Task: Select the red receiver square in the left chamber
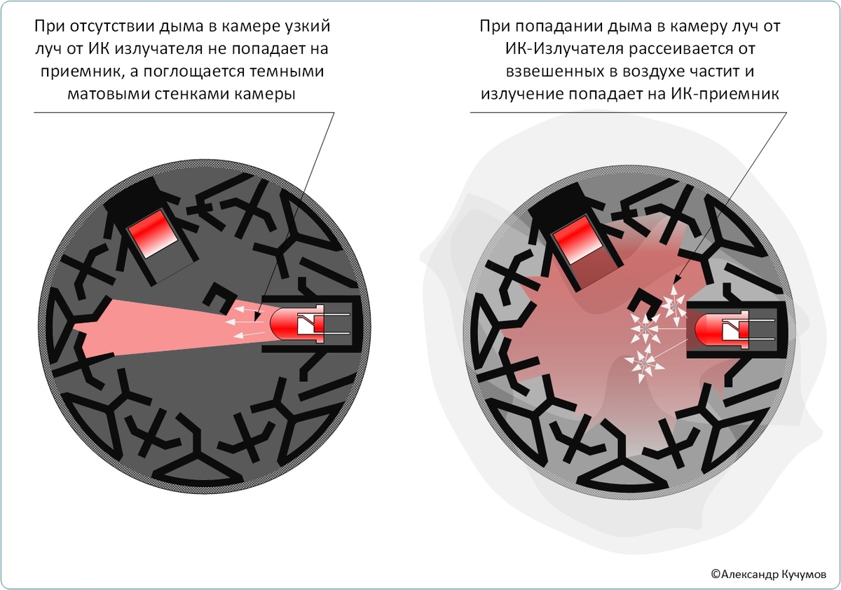(151, 236)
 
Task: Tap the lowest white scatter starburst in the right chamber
(643, 362)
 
